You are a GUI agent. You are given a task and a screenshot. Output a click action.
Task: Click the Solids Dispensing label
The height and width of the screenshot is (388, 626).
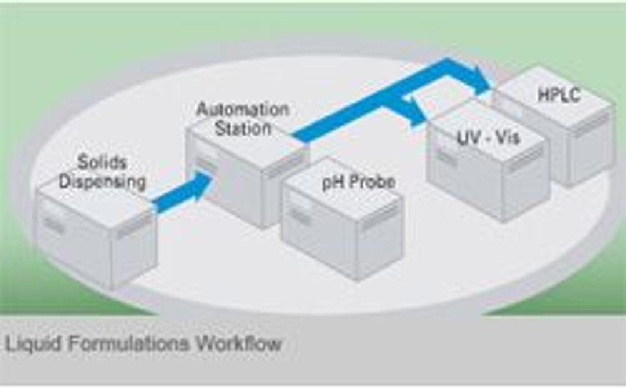click(102, 172)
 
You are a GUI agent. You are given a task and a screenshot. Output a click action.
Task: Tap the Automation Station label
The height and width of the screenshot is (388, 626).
click(242, 119)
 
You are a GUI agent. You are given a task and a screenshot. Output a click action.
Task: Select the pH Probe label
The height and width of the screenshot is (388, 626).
click(359, 182)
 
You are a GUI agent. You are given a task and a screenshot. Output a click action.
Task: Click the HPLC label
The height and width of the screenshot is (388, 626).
click(559, 94)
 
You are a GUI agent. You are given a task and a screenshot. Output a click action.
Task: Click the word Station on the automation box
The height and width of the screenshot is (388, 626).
click(243, 129)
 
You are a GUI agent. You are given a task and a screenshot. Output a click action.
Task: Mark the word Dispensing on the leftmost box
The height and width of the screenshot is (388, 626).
click(102, 182)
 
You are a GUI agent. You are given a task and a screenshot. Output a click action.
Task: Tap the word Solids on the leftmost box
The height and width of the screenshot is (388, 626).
click(102, 162)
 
